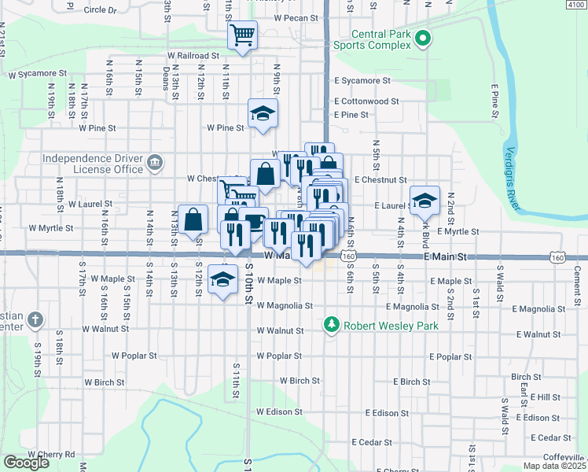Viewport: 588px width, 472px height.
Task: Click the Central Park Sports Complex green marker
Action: [x=423, y=37]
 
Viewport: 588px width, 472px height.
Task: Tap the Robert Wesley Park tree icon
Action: [x=332, y=324]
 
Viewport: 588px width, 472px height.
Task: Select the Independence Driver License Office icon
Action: [x=156, y=163]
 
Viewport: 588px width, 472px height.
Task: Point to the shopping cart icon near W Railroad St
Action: [x=243, y=35]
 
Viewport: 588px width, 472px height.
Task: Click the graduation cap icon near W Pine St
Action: [x=263, y=112]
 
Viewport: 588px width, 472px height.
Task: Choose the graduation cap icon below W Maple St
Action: [x=223, y=278]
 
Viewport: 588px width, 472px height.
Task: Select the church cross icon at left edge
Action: [x=35, y=320]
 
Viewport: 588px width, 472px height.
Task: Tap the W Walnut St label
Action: [x=281, y=331]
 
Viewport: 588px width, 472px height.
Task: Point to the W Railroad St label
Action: [x=193, y=56]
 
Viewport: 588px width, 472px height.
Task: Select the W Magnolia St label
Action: [x=285, y=306]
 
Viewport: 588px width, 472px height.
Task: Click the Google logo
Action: [x=26, y=463]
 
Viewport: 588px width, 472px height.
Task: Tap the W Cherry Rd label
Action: [x=51, y=455]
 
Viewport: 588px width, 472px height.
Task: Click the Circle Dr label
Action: [x=99, y=11]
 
